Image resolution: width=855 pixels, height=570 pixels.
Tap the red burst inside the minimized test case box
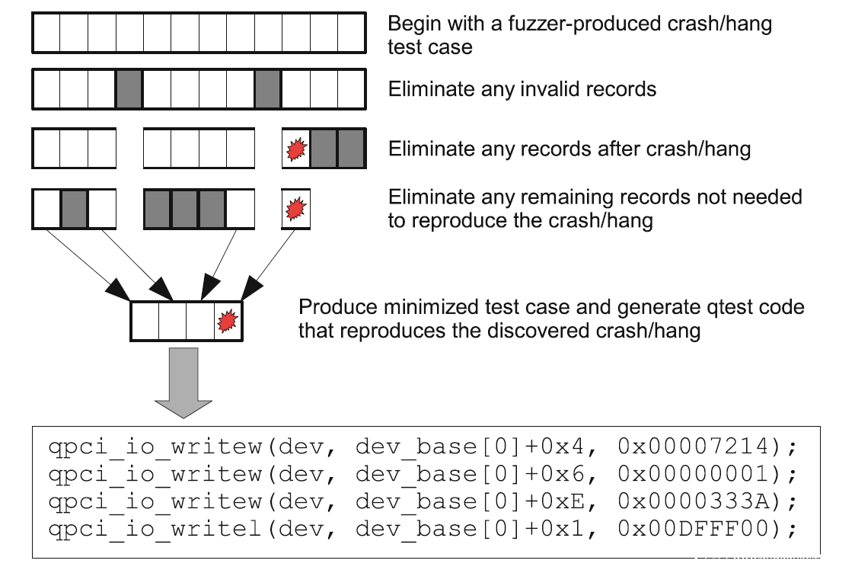[227, 322]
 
